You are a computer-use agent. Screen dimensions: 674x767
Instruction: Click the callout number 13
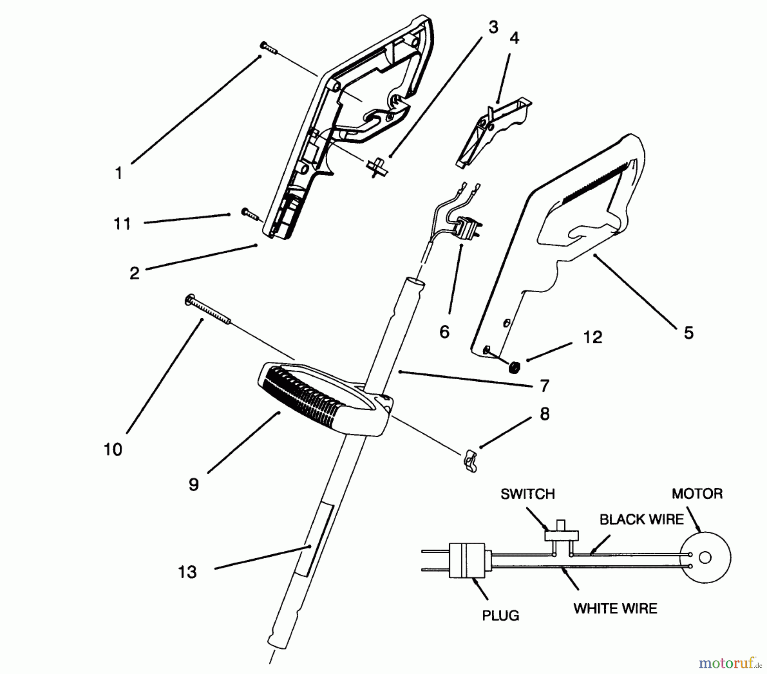click(187, 572)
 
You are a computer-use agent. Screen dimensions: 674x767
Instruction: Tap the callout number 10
click(113, 449)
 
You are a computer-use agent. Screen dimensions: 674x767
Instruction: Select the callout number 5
click(689, 333)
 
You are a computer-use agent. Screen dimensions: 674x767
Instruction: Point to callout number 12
click(593, 337)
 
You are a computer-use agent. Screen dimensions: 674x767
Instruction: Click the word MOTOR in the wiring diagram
click(697, 494)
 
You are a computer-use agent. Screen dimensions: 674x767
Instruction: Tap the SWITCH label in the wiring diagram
click(528, 494)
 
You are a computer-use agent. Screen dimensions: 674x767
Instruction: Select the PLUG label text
click(501, 616)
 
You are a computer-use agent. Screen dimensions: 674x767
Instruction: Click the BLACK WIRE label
click(642, 519)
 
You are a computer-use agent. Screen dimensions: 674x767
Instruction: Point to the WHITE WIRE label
click(615, 608)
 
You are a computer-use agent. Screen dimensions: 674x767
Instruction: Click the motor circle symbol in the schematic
click(705, 557)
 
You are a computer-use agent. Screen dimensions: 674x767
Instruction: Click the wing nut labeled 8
click(470, 462)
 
